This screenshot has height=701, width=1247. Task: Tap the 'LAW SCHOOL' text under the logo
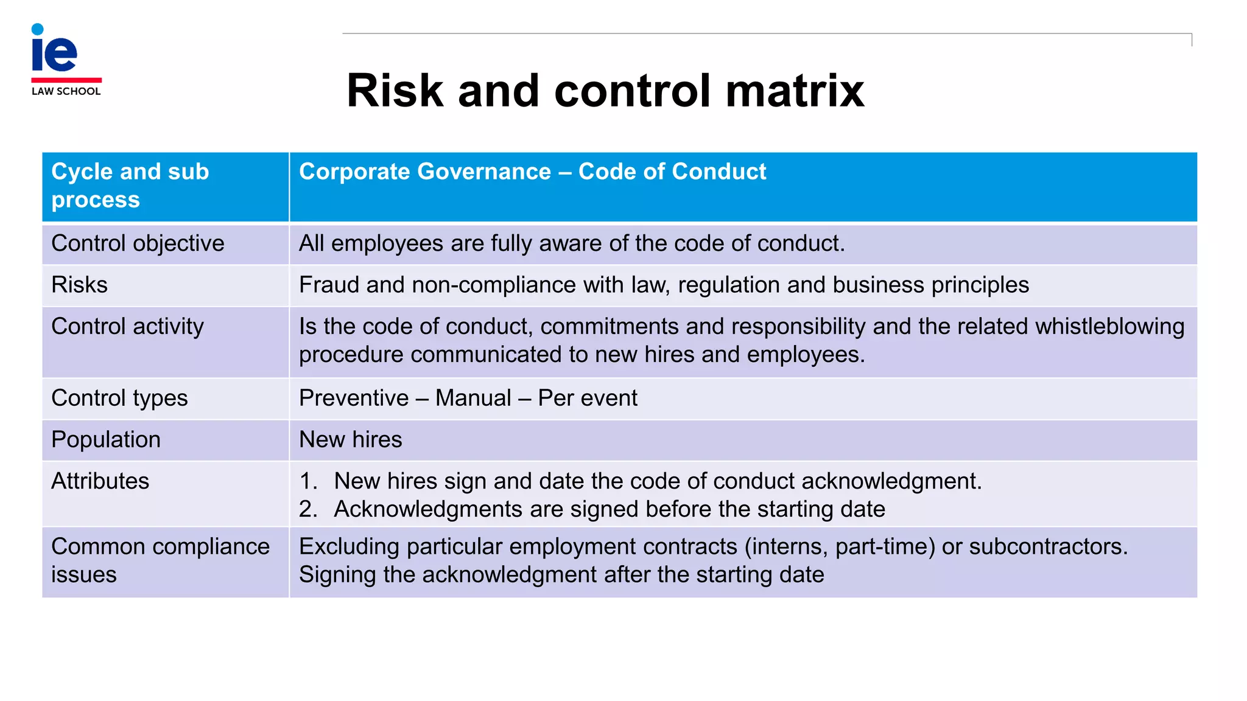pos(66,91)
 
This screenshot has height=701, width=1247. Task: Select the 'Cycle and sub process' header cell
pos(130,186)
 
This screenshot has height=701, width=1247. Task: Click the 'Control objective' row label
pos(138,243)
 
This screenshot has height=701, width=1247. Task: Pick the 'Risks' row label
pos(79,285)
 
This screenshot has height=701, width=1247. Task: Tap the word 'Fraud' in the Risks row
pos(329,285)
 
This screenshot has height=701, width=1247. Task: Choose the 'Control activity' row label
pos(127,326)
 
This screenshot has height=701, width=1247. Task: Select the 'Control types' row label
pos(119,398)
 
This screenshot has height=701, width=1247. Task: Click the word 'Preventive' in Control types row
pos(354,398)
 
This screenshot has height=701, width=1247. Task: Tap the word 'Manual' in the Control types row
pos(473,398)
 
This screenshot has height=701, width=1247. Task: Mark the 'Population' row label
pos(106,439)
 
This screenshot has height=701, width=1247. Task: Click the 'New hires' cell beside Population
pos(351,439)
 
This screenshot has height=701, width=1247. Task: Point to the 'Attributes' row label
pos(100,481)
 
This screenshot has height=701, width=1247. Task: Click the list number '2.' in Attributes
pos(308,509)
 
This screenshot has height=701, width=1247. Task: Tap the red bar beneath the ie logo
pos(66,80)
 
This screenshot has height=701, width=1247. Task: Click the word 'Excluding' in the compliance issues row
pos(349,546)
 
